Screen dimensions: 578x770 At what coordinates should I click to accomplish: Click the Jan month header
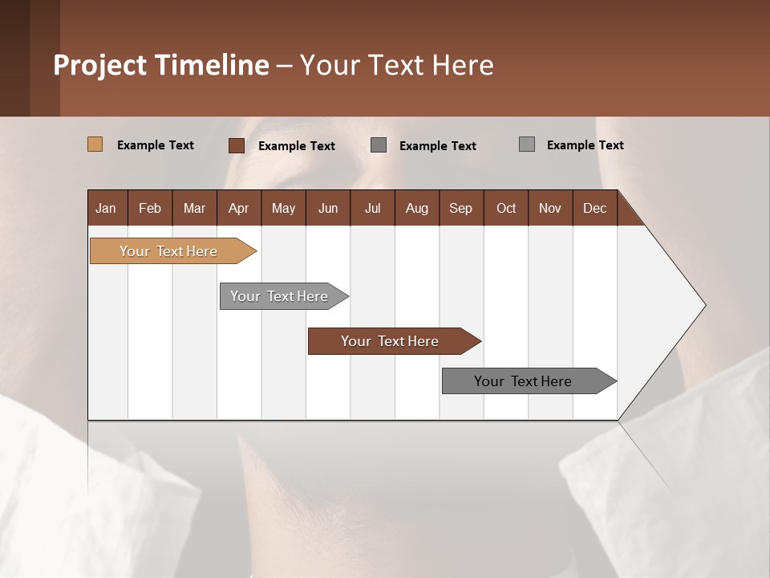[x=106, y=208]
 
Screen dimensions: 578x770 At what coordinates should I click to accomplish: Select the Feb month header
[x=150, y=208]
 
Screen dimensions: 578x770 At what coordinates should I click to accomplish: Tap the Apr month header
[x=238, y=208]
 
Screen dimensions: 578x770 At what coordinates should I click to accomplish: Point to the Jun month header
[x=328, y=208]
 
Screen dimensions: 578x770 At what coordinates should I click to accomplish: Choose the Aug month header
[x=416, y=208]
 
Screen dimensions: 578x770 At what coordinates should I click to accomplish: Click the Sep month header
[x=460, y=208]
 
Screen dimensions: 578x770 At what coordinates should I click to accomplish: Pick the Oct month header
[x=506, y=208]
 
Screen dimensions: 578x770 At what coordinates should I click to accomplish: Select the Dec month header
[x=594, y=208]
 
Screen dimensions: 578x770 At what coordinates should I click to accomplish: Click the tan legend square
[x=95, y=144]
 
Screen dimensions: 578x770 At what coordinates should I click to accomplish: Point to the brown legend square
[x=236, y=145]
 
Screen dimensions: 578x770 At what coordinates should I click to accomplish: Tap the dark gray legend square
[x=379, y=145]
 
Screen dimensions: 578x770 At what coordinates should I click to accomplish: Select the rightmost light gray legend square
[x=526, y=144]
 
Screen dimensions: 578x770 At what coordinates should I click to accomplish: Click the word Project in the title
[x=100, y=65]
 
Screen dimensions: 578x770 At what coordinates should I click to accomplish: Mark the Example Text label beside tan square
[x=156, y=145]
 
